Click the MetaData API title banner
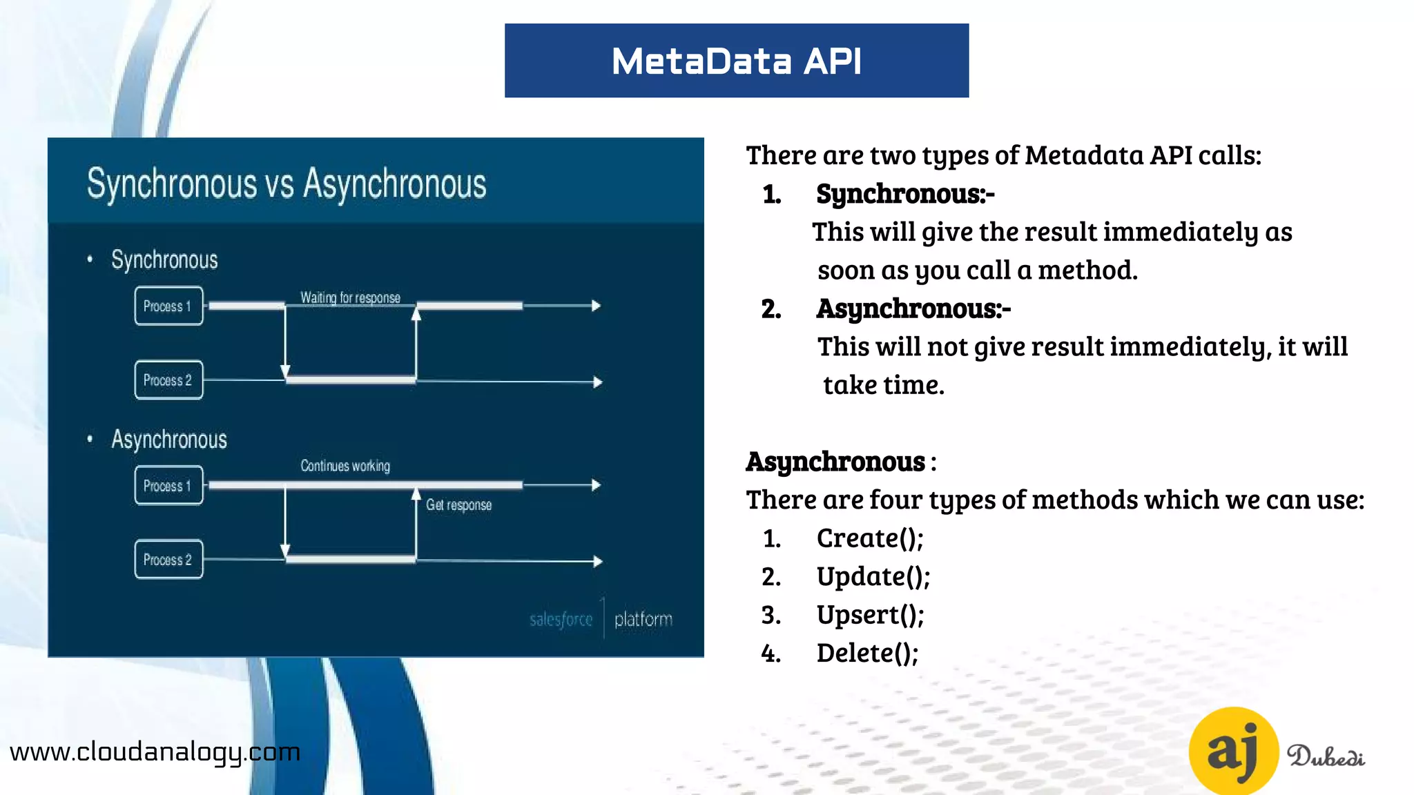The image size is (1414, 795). click(x=736, y=61)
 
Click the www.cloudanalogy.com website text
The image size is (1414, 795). click(x=155, y=752)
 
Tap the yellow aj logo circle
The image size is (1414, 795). click(x=1233, y=751)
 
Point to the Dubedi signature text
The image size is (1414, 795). click(x=1325, y=756)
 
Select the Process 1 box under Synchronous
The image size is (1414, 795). click(x=168, y=306)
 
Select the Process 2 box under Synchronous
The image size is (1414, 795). click(x=168, y=380)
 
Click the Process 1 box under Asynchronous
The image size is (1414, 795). click(x=168, y=485)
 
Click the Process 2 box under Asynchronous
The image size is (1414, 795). click(x=168, y=559)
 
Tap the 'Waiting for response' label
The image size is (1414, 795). click(x=350, y=297)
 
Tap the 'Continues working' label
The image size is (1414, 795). click(x=345, y=466)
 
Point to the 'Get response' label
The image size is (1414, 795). click(x=458, y=504)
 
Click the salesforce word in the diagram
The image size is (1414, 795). click(x=561, y=619)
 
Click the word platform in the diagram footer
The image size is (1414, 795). click(x=643, y=619)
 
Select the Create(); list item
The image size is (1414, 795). click(x=869, y=538)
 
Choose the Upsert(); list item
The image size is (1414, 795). click(x=869, y=615)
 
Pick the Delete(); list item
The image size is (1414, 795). click(x=866, y=653)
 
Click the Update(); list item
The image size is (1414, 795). click(x=873, y=576)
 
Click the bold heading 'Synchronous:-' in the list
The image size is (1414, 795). click(x=904, y=194)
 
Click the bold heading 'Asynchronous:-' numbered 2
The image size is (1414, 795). click(x=913, y=308)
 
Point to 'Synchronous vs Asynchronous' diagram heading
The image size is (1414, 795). click(x=287, y=184)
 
